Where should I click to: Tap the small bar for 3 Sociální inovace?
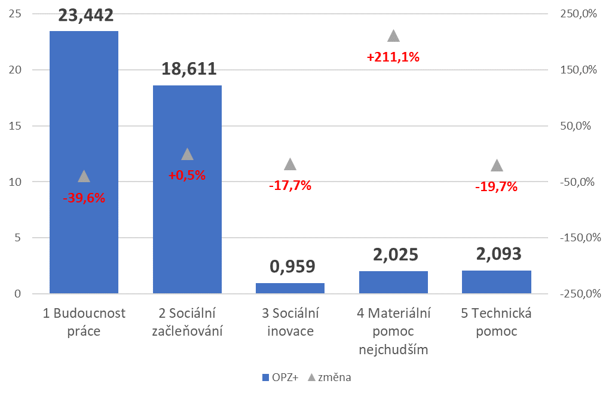[290, 288]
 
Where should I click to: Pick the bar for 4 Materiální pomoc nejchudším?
[393, 283]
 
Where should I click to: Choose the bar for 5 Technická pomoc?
[497, 282]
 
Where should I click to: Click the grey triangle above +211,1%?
[393, 36]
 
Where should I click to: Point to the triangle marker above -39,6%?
[84, 176]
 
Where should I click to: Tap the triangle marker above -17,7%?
[290, 164]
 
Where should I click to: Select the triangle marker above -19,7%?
[497, 165]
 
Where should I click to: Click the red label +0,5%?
[187, 176]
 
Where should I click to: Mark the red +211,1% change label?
[393, 58]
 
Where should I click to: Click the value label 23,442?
[85, 14]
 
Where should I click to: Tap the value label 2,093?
[498, 254]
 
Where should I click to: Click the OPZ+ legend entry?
[280, 377]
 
